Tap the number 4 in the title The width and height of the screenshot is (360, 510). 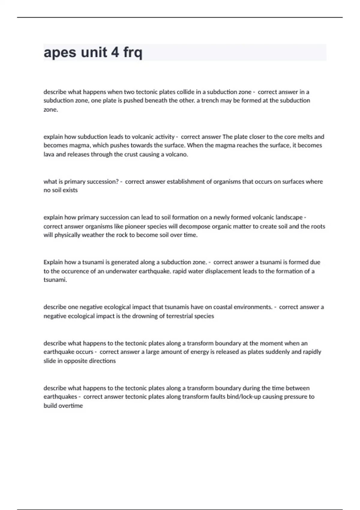pos(115,52)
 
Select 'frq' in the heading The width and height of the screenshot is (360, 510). pos(133,53)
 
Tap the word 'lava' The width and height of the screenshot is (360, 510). pos(49,154)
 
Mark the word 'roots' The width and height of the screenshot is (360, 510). pos(318,226)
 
